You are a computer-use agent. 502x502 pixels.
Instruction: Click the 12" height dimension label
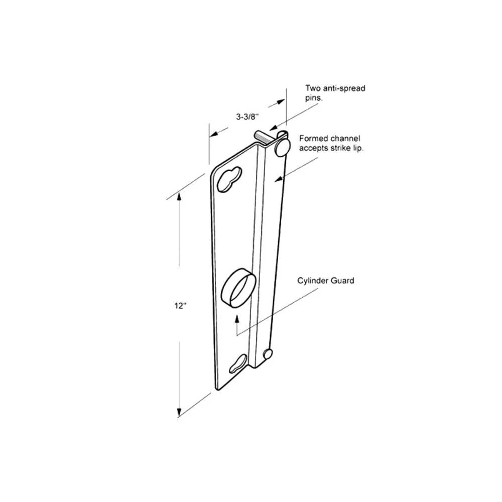[x=180, y=306]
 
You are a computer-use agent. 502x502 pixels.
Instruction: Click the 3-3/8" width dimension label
[x=247, y=117]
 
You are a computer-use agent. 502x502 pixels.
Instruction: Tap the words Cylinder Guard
[x=326, y=281]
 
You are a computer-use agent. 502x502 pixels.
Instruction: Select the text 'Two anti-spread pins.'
[x=335, y=93]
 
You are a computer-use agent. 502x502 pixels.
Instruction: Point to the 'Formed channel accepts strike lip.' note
[x=331, y=144]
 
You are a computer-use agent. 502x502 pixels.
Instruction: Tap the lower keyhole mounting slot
[x=238, y=363]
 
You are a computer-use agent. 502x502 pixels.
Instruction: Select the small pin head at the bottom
[x=268, y=354]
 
